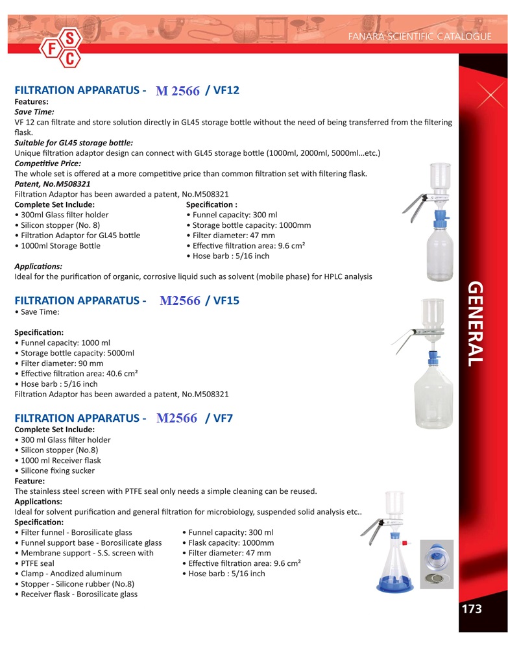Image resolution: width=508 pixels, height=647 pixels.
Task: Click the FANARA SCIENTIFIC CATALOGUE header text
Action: pyautogui.click(x=420, y=36)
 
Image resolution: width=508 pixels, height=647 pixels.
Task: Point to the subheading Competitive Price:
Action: pyautogui.click(x=47, y=163)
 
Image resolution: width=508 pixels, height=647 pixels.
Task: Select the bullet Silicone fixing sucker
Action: pyautogui.click(x=57, y=470)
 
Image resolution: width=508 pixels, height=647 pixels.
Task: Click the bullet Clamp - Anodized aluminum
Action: pyautogui.click(x=71, y=574)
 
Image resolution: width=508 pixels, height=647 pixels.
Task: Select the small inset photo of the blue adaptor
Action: pyautogui.click(x=437, y=563)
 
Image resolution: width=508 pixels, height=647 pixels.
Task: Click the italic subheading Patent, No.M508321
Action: pyautogui.click(x=53, y=184)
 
